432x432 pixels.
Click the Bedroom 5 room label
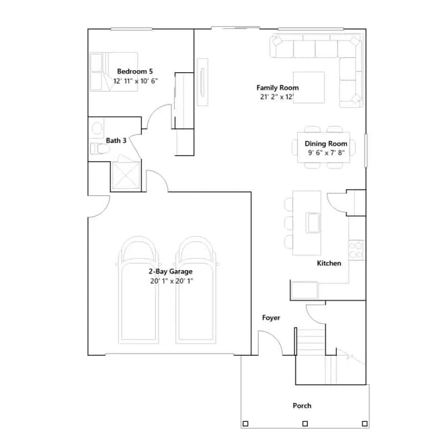tap(135, 72)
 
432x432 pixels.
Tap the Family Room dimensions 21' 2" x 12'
tap(277, 97)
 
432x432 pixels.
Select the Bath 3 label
tap(116, 140)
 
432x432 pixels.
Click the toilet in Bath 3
tap(100, 148)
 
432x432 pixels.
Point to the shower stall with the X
tap(126, 175)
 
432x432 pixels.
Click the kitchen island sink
tap(313, 223)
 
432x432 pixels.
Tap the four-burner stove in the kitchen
tap(356, 250)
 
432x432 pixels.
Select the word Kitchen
tap(329, 263)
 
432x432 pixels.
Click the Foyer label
tap(271, 318)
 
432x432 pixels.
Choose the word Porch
tap(302, 406)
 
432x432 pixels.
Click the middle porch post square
tap(305, 423)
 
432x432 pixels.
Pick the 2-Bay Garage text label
tap(171, 271)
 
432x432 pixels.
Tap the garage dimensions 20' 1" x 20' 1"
tap(171, 281)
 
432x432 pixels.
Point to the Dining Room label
tap(326, 144)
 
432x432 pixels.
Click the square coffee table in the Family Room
tap(308, 87)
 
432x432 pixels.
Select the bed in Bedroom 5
tap(113, 72)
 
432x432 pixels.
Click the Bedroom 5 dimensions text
tap(136, 81)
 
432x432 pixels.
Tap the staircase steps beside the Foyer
tap(310, 342)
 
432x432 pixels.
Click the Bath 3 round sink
tap(97, 128)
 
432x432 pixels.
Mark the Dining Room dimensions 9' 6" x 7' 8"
tap(326, 153)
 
